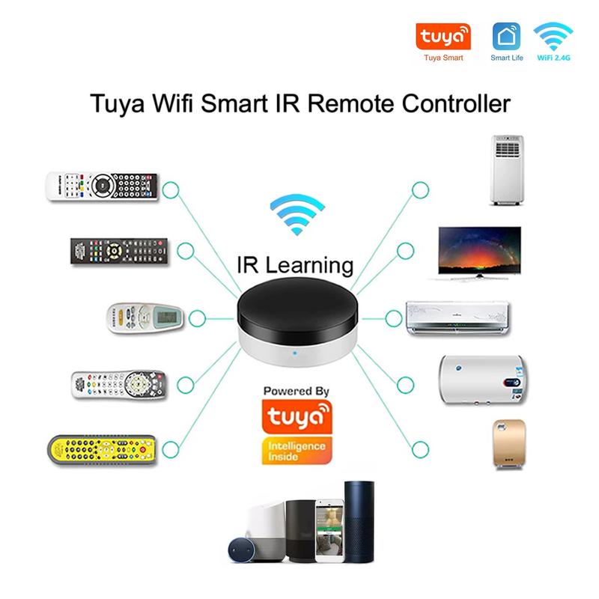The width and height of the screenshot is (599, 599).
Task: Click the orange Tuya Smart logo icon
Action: [443, 37]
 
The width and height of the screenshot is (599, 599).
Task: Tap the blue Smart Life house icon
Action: [506, 36]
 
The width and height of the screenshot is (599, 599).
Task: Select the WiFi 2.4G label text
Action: [553, 58]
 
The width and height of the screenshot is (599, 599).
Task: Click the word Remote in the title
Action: [350, 103]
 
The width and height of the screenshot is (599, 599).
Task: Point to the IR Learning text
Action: [295, 265]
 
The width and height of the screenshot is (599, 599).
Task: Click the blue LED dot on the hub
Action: [294, 353]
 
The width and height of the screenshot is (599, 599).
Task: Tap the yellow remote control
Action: [102, 450]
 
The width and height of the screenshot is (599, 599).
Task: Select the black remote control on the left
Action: [119, 251]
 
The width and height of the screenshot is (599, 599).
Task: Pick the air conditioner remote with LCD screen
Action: [145, 317]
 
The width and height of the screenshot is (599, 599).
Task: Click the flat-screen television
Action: [479, 253]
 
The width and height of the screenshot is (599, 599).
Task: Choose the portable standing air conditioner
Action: [507, 171]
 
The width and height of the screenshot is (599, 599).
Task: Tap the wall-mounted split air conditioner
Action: [457, 318]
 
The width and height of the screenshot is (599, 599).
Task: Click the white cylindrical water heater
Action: [483, 380]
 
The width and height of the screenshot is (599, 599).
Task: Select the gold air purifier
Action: [509, 443]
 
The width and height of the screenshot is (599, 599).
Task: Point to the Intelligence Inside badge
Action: [297, 451]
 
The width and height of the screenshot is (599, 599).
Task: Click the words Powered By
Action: [297, 391]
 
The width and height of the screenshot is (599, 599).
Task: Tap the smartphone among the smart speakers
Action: [329, 531]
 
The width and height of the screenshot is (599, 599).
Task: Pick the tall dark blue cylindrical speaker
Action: [359, 522]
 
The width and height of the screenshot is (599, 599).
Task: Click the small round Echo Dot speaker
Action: [241, 550]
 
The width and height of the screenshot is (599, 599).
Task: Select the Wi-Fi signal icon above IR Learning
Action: [297, 214]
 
